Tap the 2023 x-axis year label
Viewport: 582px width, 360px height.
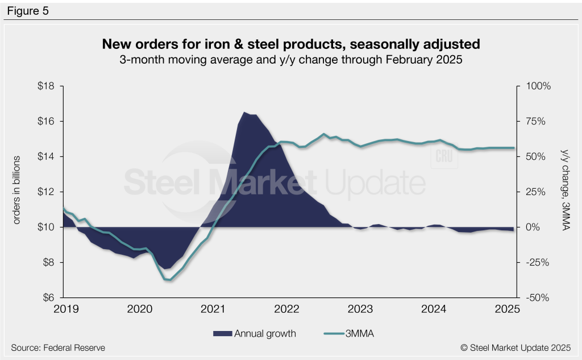pos(361,309)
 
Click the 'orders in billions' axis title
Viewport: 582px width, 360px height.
pos(18,189)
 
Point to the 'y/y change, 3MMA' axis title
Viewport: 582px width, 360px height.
pos(565,189)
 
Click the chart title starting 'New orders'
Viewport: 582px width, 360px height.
pos(291,44)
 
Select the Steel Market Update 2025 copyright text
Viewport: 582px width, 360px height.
pos(516,347)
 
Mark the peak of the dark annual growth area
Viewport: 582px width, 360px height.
pos(244,113)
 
